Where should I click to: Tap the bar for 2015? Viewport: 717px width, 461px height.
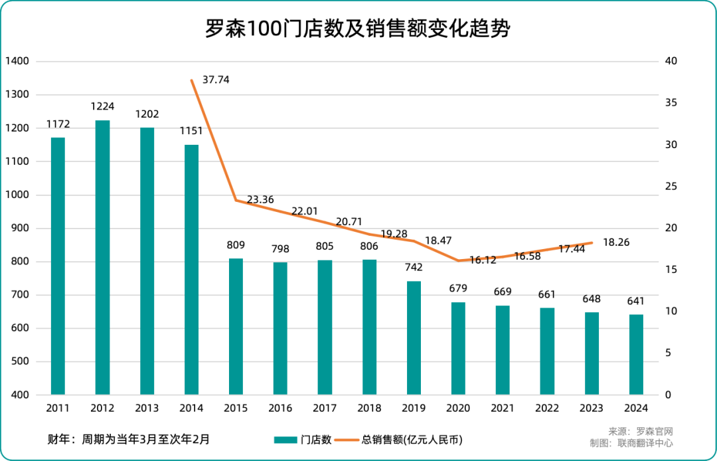[x=236, y=326]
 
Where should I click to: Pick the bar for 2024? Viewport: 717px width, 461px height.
[x=636, y=354]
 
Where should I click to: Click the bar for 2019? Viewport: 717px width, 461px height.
[x=414, y=337]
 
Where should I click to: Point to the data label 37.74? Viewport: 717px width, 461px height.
[x=216, y=80]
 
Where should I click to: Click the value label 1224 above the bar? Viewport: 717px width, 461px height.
[x=102, y=106]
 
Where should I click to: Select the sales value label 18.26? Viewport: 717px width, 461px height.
[x=615, y=243]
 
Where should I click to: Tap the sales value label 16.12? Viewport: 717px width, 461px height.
[x=483, y=260]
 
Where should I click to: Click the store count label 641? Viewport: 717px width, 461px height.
[x=636, y=302]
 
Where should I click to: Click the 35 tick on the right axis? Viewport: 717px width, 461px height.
[x=671, y=103]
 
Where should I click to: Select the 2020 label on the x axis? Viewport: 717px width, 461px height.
[x=458, y=408]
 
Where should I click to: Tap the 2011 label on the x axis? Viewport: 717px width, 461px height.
[x=58, y=408]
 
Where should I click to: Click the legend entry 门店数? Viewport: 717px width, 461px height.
[x=303, y=440]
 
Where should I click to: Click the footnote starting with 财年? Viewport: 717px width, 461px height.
[x=129, y=438]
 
